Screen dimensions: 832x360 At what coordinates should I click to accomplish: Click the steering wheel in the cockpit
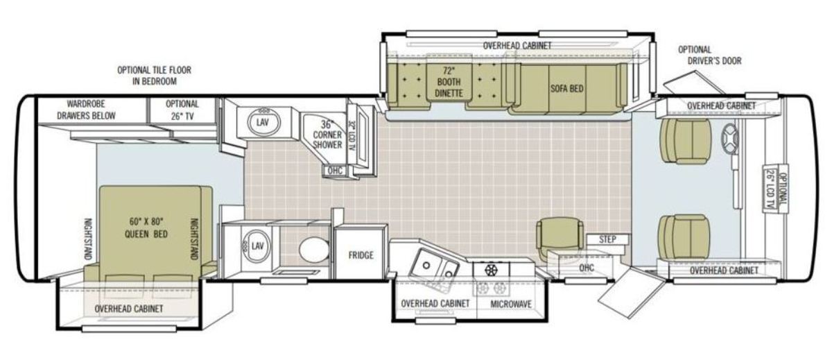tap(729, 139)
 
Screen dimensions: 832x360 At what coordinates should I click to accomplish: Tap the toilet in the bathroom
tap(314, 250)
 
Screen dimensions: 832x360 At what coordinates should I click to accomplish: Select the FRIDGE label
tap(361, 255)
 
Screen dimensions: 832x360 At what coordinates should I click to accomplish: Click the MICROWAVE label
tap(511, 304)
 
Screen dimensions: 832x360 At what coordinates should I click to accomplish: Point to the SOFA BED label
tap(567, 88)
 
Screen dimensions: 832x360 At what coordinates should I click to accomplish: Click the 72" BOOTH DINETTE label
tap(449, 82)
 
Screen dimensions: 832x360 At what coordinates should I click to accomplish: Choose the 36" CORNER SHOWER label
tap(327, 135)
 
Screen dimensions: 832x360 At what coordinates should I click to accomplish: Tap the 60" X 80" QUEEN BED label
tap(146, 228)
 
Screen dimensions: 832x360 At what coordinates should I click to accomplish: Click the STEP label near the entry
tap(607, 239)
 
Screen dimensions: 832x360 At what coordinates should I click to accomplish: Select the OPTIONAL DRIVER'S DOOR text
tap(710, 55)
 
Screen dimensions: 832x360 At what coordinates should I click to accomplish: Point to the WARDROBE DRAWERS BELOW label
tap(86, 110)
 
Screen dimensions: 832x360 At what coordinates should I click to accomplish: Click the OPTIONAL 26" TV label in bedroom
tap(182, 110)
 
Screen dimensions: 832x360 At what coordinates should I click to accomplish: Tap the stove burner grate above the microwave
tap(491, 269)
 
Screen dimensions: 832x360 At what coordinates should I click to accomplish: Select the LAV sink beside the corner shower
tap(262, 123)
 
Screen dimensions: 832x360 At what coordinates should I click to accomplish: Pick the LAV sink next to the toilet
tap(257, 246)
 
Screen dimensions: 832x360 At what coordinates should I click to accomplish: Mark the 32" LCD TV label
tap(351, 135)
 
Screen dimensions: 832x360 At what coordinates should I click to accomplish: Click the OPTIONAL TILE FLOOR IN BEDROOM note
tap(154, 76)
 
